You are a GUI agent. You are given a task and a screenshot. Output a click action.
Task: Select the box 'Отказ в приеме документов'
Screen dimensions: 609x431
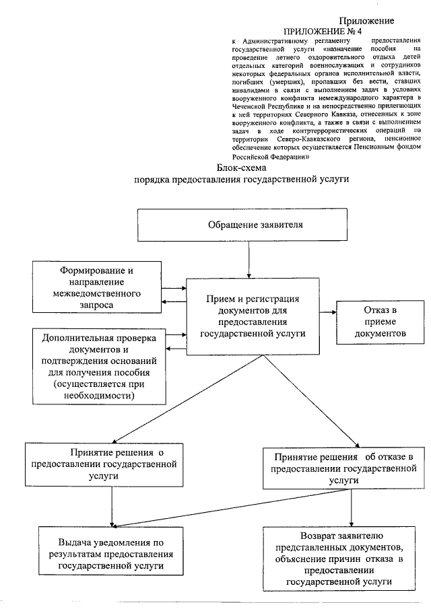point(380,322)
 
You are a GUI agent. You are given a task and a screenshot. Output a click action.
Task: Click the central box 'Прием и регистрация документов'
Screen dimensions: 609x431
point(253,314)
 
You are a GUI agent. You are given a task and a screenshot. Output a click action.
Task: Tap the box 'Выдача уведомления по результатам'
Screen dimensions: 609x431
point(112,554)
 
